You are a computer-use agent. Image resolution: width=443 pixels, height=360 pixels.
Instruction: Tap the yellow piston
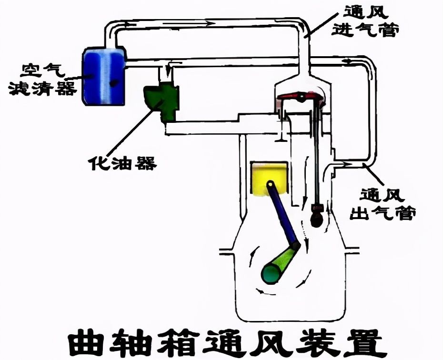[270, 179]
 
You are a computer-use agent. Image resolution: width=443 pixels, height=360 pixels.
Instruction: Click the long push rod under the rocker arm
[315, 152]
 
